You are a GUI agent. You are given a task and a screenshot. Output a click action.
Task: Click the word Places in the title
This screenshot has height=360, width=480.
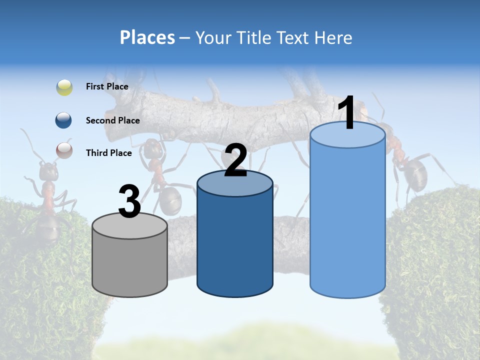pos(147,37)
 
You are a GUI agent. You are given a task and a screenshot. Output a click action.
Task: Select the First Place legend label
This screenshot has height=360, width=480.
pos(107,86)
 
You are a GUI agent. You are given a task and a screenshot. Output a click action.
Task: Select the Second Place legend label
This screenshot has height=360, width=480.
pos(112,120)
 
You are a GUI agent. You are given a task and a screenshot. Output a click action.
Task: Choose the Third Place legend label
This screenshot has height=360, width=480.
pos(108,153)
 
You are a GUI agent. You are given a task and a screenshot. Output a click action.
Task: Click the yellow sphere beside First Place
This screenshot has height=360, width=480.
pos(64,87)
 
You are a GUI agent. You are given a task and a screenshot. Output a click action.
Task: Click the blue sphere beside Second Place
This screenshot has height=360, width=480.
pos(64,120)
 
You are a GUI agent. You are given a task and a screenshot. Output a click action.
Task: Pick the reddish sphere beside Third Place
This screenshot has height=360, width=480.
pos(64,150)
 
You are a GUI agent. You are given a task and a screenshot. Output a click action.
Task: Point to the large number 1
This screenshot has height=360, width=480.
pos(346,114)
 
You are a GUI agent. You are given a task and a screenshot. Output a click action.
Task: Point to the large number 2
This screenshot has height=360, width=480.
pos(235,161)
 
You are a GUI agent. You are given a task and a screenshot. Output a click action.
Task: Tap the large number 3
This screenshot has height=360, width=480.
pos(129,202)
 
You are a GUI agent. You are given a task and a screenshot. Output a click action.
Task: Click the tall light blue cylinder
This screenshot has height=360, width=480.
pos(347,220)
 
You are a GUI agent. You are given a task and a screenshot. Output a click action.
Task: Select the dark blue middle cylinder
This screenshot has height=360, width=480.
pos(234,240)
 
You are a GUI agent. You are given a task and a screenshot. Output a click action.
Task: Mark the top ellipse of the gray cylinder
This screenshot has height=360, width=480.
pos(129,226)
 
